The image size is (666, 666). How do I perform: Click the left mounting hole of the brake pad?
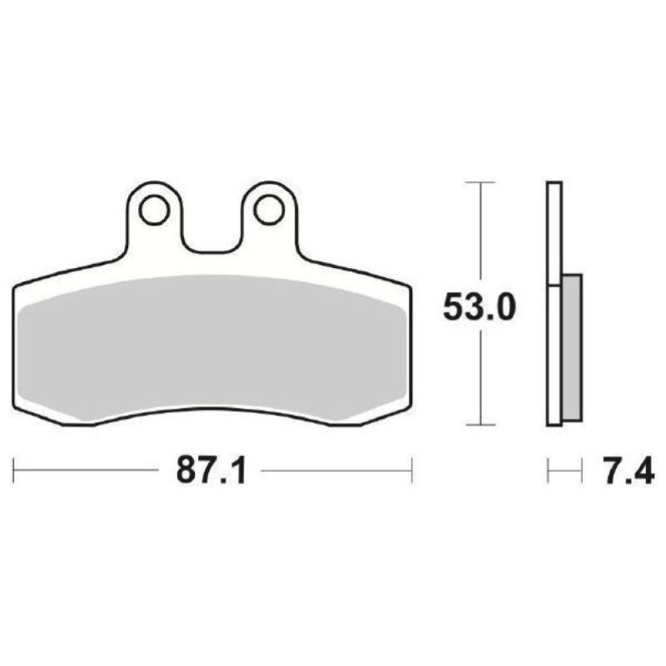click(154, 210)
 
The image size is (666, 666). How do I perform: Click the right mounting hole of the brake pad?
click(269, 210)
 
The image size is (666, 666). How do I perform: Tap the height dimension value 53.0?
click(479, 307)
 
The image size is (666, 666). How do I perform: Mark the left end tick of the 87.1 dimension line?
click(14, 470)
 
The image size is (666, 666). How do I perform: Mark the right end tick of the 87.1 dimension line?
click(411, 470)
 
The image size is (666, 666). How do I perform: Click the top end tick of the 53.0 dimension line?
click(480, 181)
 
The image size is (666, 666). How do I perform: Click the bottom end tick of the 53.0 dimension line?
click(480, 425)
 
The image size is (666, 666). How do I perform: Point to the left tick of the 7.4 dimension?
click(548, 471)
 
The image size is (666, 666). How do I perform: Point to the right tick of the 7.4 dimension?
click(581, 471)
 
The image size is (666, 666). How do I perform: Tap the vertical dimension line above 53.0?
click(480, 233)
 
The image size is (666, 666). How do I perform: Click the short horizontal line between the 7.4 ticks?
click(564, 471)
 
